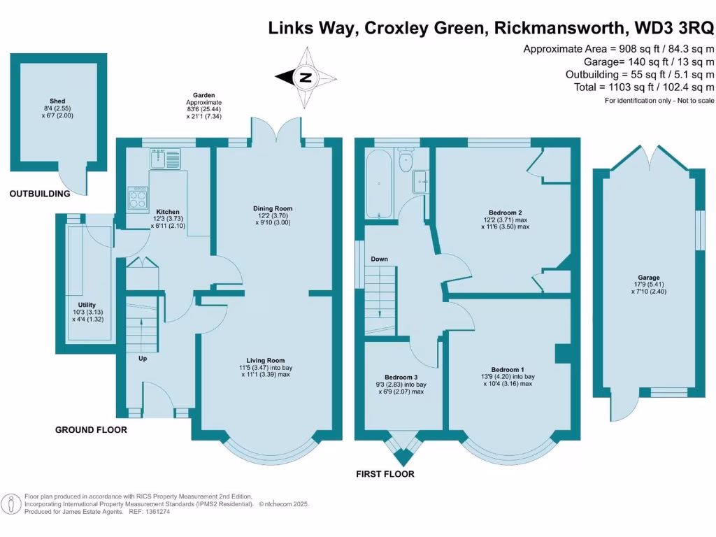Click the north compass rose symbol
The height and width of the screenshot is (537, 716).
click(306, 77)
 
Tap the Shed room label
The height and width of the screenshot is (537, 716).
click(57, 101)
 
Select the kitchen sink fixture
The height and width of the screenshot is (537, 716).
click(166, 159)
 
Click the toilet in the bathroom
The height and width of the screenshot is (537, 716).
click(404, 162)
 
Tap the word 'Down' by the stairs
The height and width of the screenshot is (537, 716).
click(379, 259)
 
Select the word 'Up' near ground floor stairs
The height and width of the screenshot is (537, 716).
click(142, 359)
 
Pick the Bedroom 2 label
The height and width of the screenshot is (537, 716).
click(505, 213)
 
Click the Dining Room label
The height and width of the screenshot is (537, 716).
click(273, 208)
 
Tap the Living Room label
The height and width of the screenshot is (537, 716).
click(265, 360)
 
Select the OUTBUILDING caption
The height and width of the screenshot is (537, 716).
click(40, 194)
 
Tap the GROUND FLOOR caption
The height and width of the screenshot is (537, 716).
click(91, 430)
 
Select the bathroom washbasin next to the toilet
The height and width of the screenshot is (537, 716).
click(422, 180)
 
